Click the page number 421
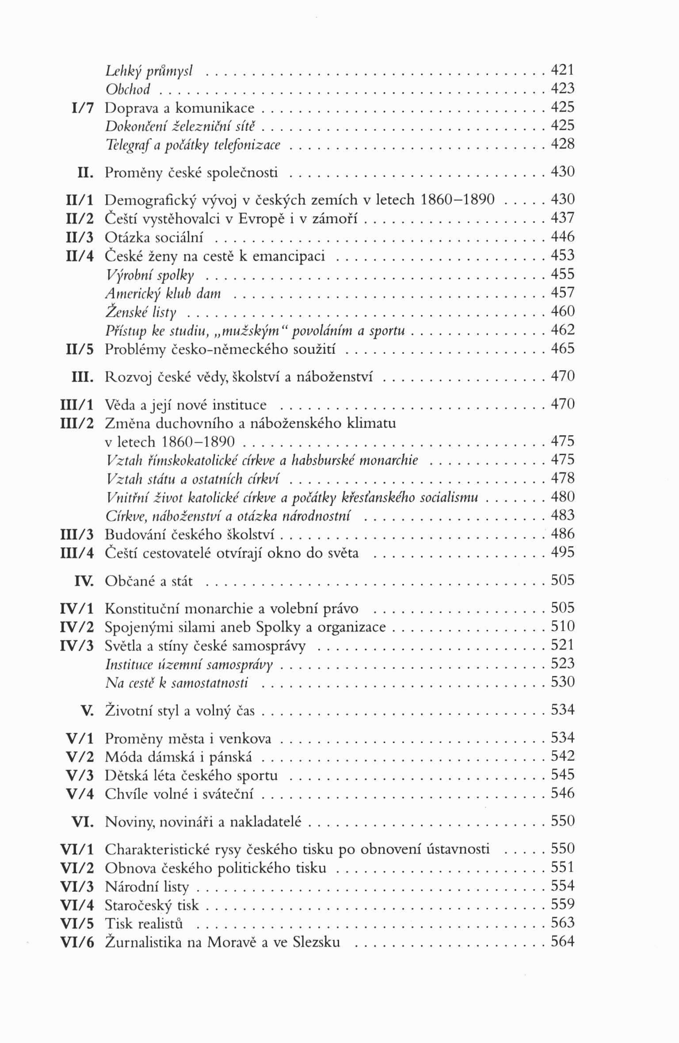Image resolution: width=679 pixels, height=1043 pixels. (x=562, y=70)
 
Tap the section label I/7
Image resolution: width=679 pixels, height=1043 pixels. (x=82, y=108)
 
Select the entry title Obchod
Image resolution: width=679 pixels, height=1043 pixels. (x=128, y=89)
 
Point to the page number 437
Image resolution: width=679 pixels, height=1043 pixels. (x=562, y=218)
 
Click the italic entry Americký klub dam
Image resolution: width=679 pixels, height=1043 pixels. (x=163, y=293)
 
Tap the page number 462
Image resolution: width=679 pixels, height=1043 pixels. (x=562, y=330)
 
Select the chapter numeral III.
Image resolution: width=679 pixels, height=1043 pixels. (x=83, y=377)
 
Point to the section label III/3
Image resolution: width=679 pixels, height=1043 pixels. (x=77, y=535)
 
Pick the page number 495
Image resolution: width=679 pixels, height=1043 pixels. (x=562, y=552)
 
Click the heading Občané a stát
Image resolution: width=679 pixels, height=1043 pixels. (x=149, y=581)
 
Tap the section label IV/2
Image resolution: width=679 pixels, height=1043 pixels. (x=77, y=627)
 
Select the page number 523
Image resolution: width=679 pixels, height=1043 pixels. (x=562, y=663)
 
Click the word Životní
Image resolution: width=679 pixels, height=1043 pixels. (x=127, y=711)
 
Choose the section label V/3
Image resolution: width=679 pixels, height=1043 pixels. (x=80, y=776)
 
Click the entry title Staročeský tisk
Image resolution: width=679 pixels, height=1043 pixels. (x=152, y=905)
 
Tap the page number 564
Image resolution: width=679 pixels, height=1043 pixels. (x=562, y=942)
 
